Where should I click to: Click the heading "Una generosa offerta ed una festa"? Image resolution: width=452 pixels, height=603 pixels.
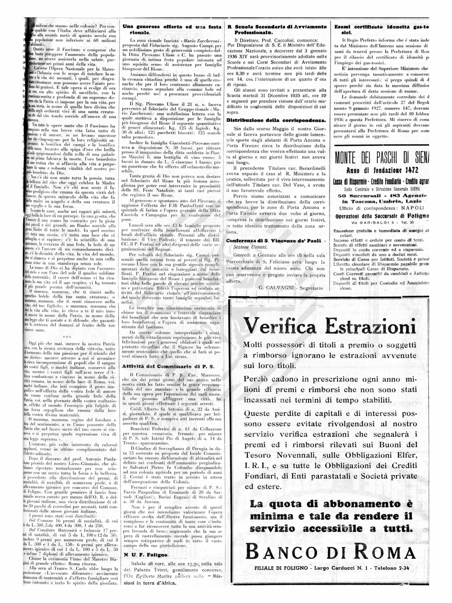[x=172, y=27]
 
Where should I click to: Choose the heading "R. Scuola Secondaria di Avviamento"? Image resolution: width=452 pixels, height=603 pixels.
[x=277, y=27]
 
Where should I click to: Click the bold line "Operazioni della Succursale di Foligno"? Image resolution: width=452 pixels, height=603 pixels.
[x=382, y=216]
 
